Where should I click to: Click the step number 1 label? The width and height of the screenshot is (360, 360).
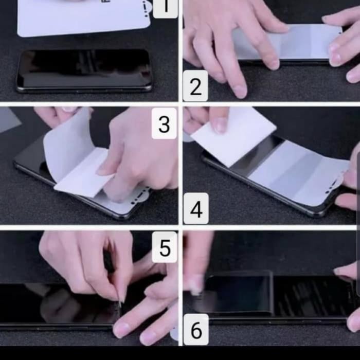165,8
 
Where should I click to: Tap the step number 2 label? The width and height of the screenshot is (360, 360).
195,86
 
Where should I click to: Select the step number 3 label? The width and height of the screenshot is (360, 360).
164,123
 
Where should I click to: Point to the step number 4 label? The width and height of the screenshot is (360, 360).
196,208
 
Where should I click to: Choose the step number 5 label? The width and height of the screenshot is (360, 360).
165,247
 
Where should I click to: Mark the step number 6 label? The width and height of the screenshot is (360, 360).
196,330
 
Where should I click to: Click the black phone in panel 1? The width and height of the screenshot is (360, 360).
84,71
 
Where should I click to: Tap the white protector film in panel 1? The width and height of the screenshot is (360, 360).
84,17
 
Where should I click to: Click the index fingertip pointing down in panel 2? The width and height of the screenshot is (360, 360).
240,92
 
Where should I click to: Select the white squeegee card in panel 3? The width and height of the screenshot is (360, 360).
84,173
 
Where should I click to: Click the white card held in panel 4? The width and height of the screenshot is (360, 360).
233,135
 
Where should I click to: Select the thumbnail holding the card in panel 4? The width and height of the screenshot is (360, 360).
220,124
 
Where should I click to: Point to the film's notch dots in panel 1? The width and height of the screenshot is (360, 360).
145,9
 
